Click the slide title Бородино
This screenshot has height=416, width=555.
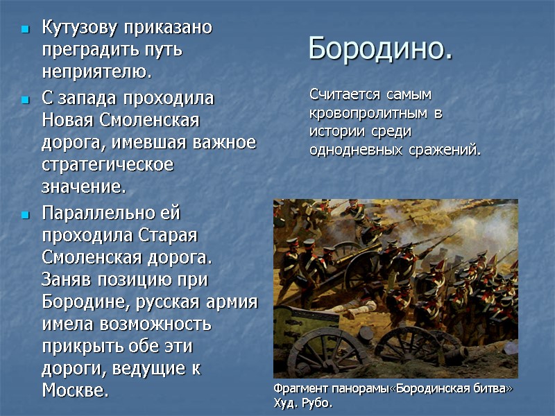point(380,49)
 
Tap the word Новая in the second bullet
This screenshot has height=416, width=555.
point(67,120)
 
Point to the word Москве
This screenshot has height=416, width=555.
point(75,390)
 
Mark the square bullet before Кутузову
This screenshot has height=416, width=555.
point(25,30)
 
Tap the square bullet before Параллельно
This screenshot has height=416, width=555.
point(25,214)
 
